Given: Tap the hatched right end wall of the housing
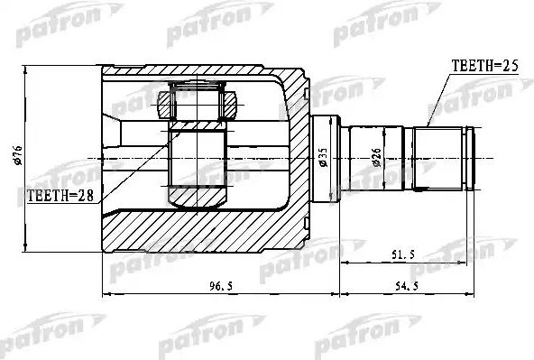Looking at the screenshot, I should [x=293, y=158].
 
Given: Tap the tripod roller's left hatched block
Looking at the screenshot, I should [x=164, y=103].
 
